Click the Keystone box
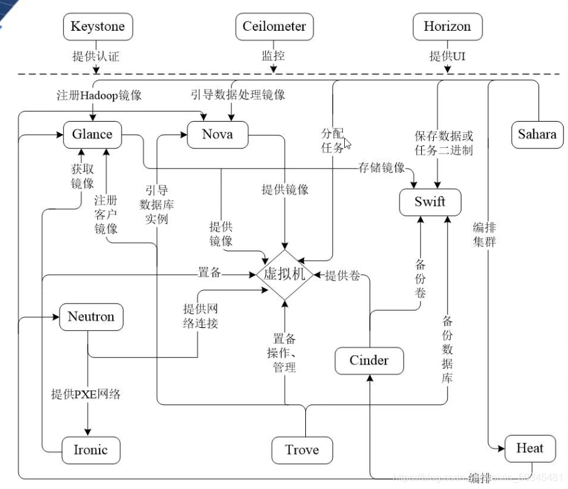tap(98, 27)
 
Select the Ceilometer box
tap(275, 27)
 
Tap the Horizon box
tap(447, 27)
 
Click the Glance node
tap(92, 134)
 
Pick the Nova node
tap(218, 134)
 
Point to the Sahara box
tap(537, 135)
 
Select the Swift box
tap(430, 202)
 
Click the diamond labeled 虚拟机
tap(285, 275)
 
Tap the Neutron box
tap(91, 317)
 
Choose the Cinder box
tap(369, 360)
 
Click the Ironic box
tap(91, 450)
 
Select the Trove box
tap(302, 450)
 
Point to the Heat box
tap(530, 448)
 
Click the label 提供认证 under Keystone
tap(96, 56)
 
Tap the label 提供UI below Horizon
tap(447, 56)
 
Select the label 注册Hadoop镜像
tap(99, 95)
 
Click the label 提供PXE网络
tap(86, 394)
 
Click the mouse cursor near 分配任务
tap(347, 144)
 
